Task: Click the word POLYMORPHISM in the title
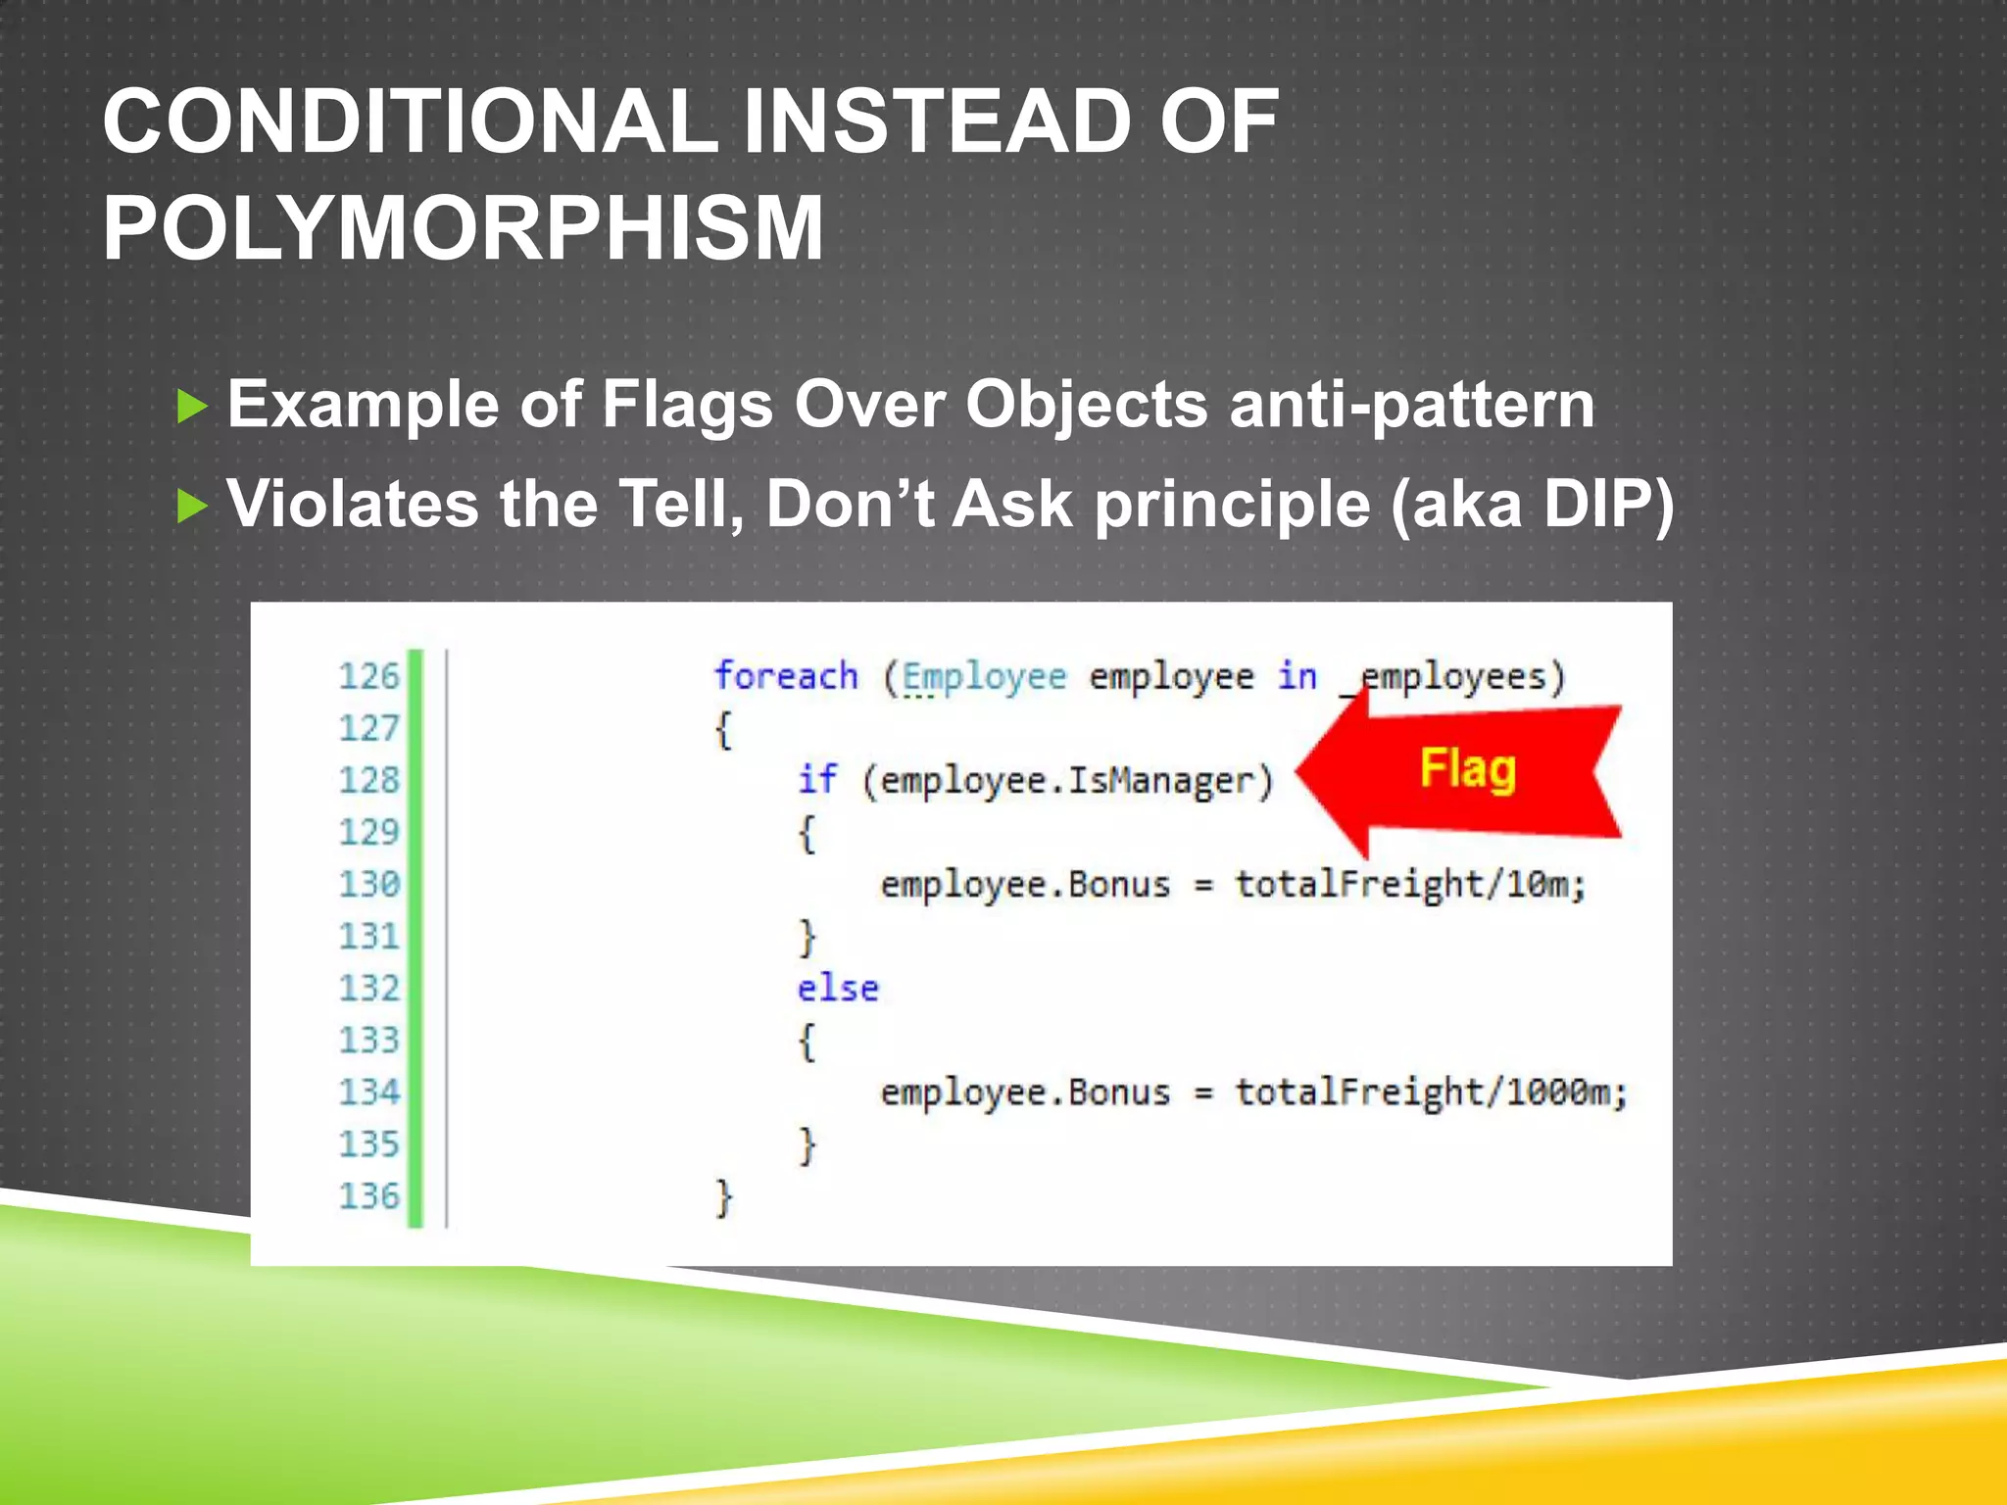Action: (463, 227)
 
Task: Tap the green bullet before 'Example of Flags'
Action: (193, 406)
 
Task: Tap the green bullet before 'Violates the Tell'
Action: (193, 507)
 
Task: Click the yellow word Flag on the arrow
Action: (1467, 768)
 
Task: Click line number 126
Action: (368, 676)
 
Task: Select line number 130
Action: (368, 884)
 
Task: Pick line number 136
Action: (368, 1195)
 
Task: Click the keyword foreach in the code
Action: (785, 676)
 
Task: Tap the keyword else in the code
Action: (837, 988)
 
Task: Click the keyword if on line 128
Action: (816, 780)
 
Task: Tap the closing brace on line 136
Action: (723, 1197)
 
